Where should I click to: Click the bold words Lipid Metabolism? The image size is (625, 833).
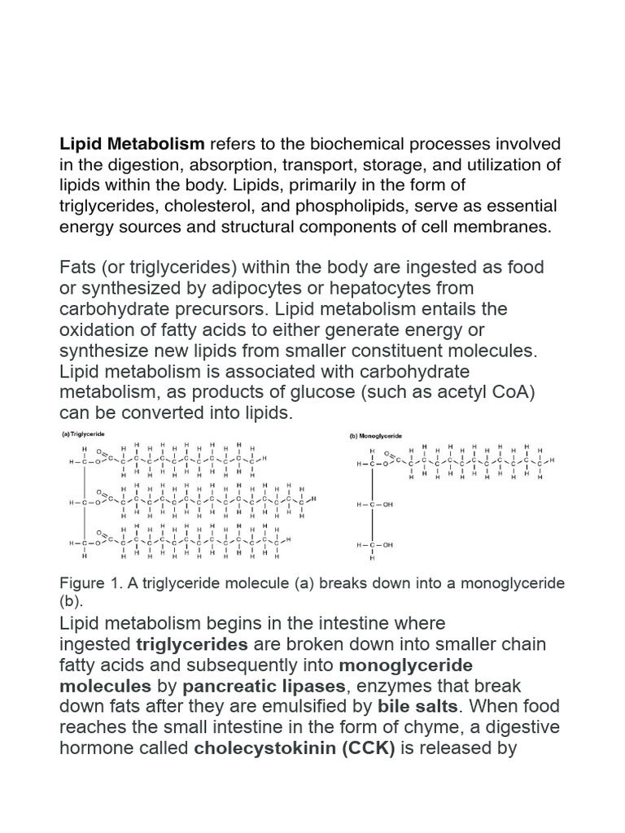click(132, 145)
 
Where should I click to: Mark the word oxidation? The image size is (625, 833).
click(98, 329)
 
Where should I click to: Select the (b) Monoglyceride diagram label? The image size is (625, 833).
click(375, 436)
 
